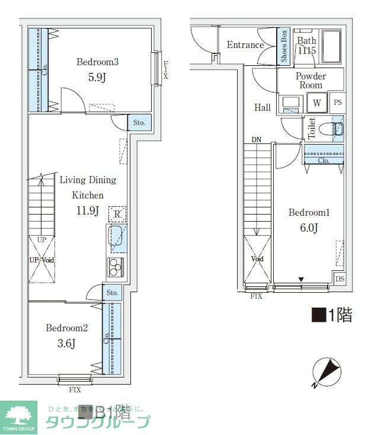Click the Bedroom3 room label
pyautogui.click(x=98, y=62)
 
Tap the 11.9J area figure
pyautogui.click(x=87, y=210)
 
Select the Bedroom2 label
pyautogui.click(x=67, y=328)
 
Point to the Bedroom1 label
pyautogui.click(x=308, y=213)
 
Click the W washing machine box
pyautogui.click(x=317, y=103)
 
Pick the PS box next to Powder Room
pyautogui.click(x=337, y=103)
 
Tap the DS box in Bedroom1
pyautogui.click(x=339, y=279)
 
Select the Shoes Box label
pyautogui.click(x=284, y=46)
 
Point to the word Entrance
pyautogui.click(x=245, y=45)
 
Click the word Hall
pyautogui.click(x=263, y=108)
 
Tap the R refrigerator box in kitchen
pyautogui.click(x=117, y=213)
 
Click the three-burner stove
pyautogui.click(x=115, y=267)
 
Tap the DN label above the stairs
pyautogui.click(x=256, y=140)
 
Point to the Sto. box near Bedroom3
pyautogui.click(x=139, y=123)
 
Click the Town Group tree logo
pyautogui.click(x=18, y=414)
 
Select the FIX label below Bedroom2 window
pyautogui.click(x=75, y=390)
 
